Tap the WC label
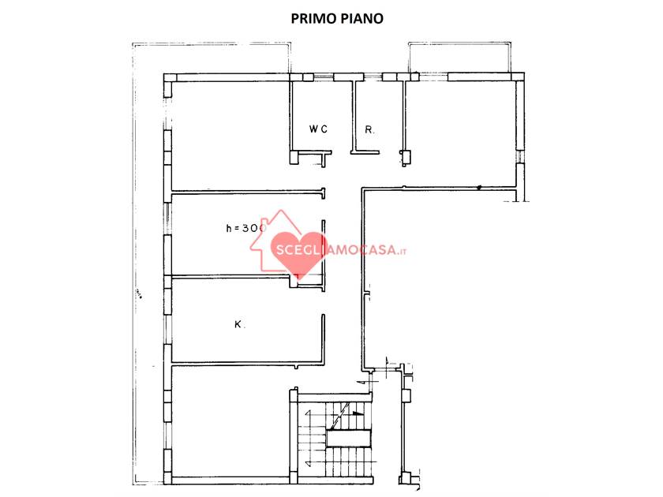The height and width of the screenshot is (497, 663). [x=318, y=129]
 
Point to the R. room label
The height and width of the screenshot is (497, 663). [x=369, y=129]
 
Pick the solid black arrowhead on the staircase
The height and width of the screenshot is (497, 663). [x=359, y=412]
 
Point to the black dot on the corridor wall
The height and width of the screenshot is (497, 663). [x=479, y=188]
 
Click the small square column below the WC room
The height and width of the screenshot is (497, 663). [x=294, y=158]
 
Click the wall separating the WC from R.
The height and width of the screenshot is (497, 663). [x=353, y=114]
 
